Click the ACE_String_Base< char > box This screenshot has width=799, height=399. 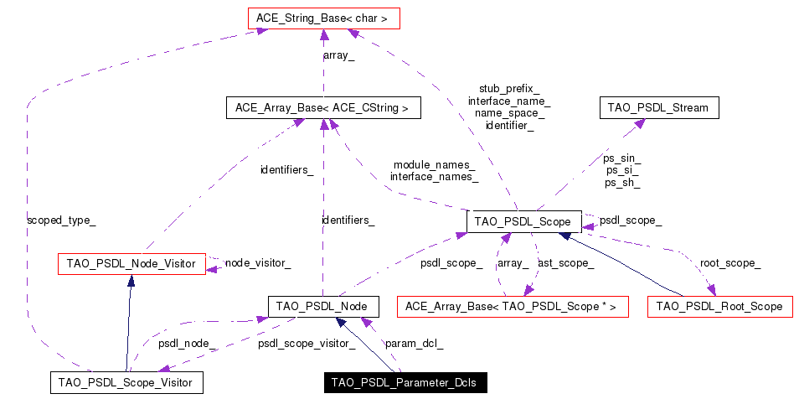323,16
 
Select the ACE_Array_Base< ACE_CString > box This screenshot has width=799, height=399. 322,107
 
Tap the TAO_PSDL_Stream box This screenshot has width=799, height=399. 657,107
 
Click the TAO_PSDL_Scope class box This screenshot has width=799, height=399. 523,221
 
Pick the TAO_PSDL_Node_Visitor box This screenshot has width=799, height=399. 131,264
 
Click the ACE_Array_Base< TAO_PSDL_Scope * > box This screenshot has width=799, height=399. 511,307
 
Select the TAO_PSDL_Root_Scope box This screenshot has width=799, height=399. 719,307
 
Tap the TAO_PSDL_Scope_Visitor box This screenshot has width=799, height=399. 126,383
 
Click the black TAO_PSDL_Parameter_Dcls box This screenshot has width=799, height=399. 404,383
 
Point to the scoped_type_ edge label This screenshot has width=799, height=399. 61,220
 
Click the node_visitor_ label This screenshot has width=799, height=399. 258,263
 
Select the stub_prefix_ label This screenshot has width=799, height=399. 509,88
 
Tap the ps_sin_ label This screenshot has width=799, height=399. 621,157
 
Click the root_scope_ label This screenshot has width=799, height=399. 730,263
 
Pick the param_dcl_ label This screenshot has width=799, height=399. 414,343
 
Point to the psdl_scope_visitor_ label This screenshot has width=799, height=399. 301,343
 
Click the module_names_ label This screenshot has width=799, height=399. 434,164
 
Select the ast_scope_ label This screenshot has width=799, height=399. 566,263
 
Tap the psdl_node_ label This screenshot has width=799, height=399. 188,343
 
